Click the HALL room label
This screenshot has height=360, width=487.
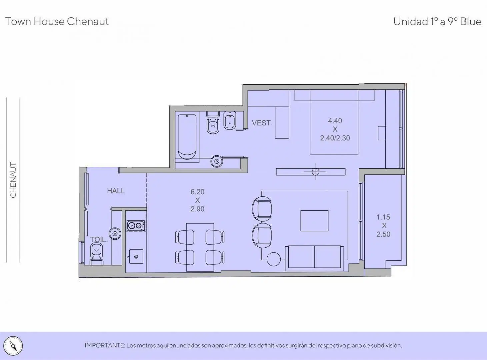(116, 191)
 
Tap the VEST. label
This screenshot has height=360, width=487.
(262, 123)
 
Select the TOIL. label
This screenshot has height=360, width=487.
(99, 240)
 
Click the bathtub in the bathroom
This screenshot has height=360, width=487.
(187, 137)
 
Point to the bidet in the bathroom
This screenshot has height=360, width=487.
(230, 120)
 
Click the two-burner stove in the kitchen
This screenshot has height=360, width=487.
(136, 225)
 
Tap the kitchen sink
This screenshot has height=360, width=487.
(136, 256)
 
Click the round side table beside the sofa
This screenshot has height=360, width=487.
(274, 259)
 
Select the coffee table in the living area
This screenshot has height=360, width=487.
(314, 221)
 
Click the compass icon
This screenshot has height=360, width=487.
(13, 346)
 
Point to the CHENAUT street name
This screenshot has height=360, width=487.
(13, 180)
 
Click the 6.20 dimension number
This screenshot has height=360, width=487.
(197, 192)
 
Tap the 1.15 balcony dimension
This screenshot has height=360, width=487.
(383, 217)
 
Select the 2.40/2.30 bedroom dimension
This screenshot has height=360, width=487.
(335, 138)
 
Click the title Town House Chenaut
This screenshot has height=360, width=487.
(57, 22)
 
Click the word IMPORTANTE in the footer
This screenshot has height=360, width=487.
(105, 346)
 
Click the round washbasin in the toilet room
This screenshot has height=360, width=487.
(115, 233)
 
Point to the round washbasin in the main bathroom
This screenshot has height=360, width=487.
(217, 161)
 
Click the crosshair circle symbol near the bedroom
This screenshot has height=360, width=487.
(316, 172)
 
